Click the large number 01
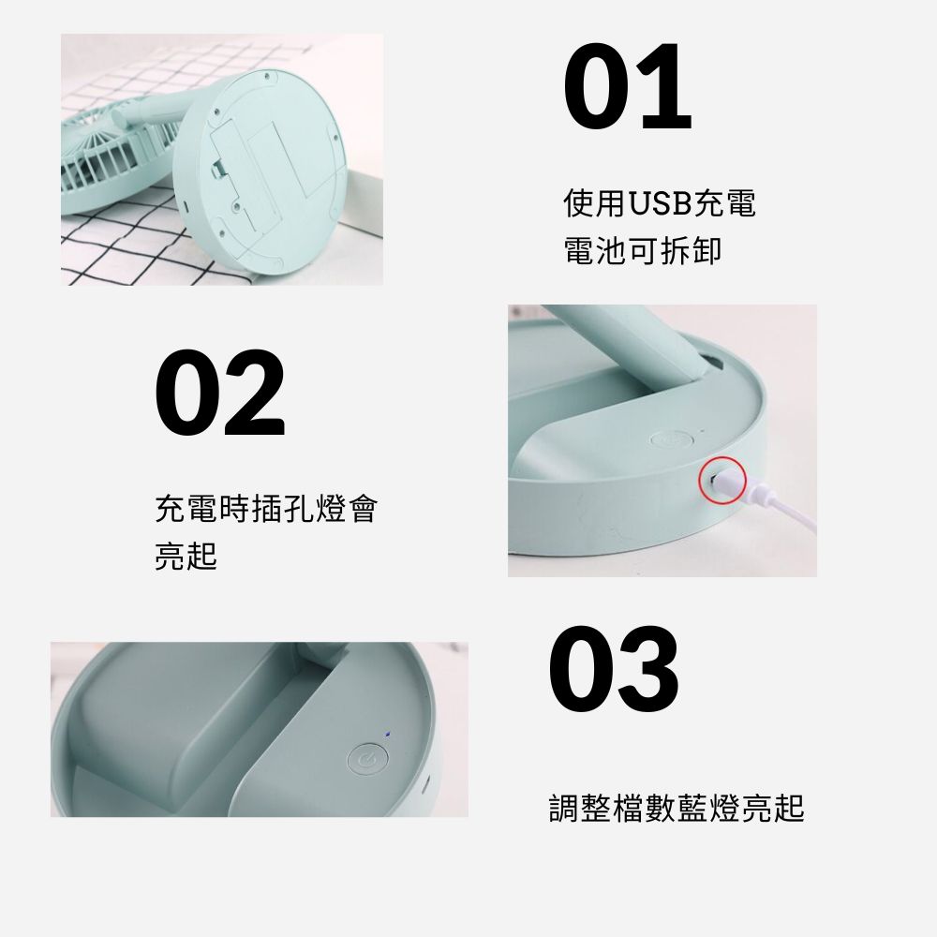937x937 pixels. click(x=628, y=86)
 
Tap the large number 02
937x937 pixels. click(x=220, y=394)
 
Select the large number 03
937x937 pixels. click(x=614, y=669)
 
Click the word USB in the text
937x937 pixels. click(x=660, y=203)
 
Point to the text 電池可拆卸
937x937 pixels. click(x=643, y=250)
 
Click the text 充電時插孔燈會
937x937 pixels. click(x=266, y=509)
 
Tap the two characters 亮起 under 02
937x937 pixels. click(x=186, y=556)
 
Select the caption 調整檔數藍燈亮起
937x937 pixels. click(x=677, y=808)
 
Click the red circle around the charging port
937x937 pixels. click(x=723, y=479)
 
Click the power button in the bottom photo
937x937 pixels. click(x=367, y=760)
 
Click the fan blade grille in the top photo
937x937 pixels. click(x=113, y=156)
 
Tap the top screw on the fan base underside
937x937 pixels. click(x=265, y=76)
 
